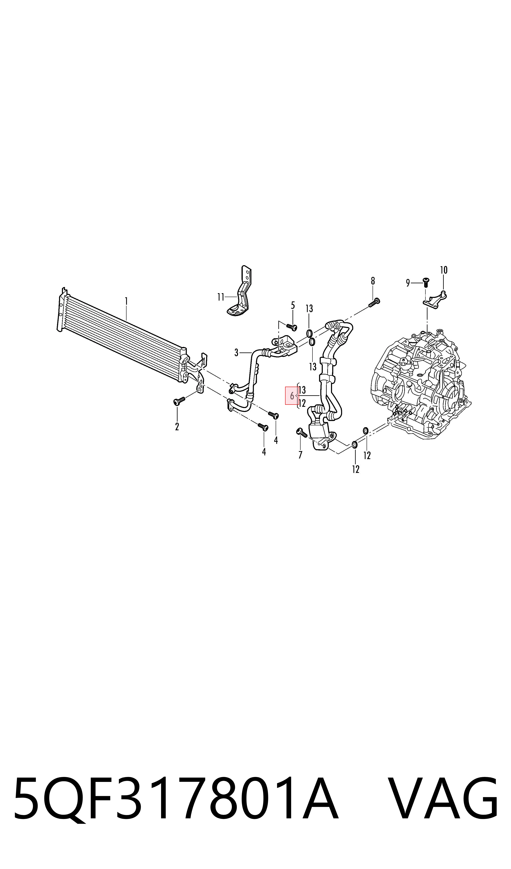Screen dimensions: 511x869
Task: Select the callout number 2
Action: click(177, 427)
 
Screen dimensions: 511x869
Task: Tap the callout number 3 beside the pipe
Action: click(236, 352)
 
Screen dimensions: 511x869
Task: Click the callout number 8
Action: click(373, 281)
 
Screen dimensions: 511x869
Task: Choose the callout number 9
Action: click(408, 283)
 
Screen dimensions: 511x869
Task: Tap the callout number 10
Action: click(444, 270)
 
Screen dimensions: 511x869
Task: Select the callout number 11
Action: click(221, 297)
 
